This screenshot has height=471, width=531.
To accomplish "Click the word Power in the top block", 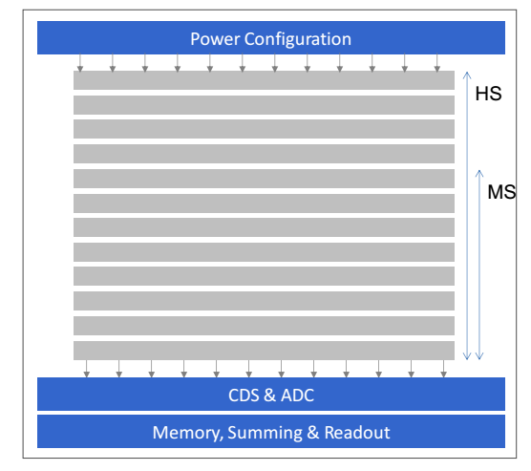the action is click(216, 39).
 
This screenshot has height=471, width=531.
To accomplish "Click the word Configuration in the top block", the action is click(298, 39).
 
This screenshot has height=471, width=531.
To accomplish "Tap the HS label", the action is click(488, 94).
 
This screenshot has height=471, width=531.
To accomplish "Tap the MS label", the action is click(501, 192).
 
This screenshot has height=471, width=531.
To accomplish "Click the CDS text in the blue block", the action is click(244, 396).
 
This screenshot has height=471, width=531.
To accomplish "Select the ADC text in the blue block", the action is click(298, 396).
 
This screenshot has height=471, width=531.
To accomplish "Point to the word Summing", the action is click(265, 434).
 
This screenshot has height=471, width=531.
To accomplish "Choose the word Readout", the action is click(357, 433).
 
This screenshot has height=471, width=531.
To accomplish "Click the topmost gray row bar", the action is click(264, 80).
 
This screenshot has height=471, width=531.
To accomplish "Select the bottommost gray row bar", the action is click(264, 351).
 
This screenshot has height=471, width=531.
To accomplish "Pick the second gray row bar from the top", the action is click(264, 105).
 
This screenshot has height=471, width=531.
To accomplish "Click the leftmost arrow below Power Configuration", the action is click(80, 63).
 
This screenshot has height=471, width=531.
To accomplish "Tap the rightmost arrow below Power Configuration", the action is click(437, 63).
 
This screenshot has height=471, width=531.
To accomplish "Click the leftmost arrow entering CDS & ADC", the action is click(86, 369).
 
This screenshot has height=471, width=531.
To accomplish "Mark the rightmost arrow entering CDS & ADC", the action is click(444, 369).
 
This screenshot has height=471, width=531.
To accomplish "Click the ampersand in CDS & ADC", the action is click(270, 396).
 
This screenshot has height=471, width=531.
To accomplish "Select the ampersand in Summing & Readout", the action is click(313, 433).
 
